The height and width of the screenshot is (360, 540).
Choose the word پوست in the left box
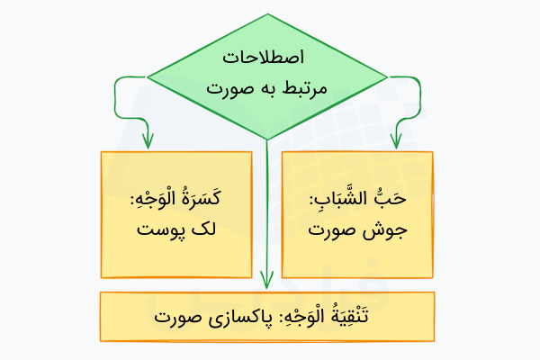pos(161,229)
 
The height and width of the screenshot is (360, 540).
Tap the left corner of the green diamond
pos(148,75)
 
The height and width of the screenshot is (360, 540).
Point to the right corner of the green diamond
pos(388,75)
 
